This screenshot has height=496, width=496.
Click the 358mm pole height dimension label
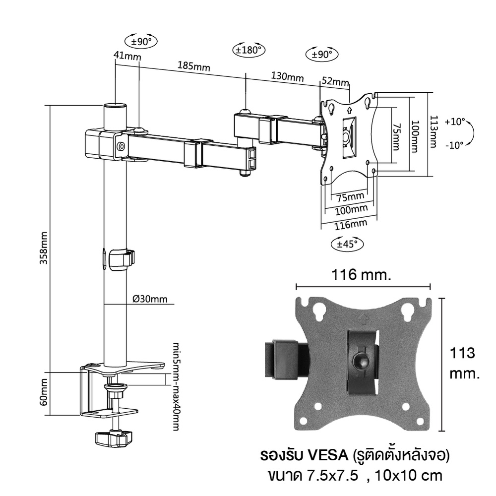click(43, 248)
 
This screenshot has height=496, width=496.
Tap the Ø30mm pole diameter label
click(150, 299)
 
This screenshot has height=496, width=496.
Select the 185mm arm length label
click(193, 66)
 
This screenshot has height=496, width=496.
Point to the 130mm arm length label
click(287, 76)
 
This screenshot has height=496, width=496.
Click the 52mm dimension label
click(335, 81)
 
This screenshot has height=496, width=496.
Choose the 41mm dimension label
click(127, 56)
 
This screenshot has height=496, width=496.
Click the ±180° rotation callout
click(248, 50)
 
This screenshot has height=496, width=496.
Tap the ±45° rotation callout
click(347, 244)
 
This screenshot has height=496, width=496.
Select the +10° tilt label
click(455, 122)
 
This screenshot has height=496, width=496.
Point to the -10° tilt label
click(455, 145)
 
